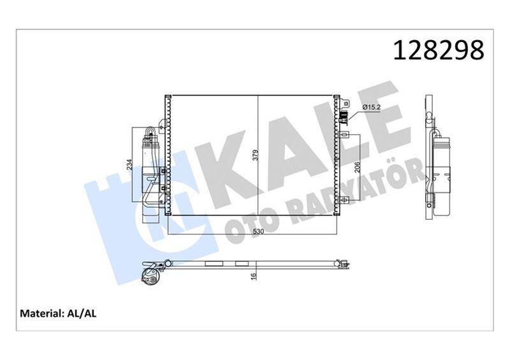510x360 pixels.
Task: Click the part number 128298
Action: point(440,50)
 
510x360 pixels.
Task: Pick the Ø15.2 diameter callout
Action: point(372,107)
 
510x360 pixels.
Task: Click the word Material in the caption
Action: point(41,313)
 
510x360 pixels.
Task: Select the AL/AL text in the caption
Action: point(82,313)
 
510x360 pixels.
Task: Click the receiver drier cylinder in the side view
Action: point(441,166)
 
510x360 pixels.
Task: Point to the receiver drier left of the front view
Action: point(152,169)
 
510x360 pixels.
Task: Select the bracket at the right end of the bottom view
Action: point(342,261)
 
